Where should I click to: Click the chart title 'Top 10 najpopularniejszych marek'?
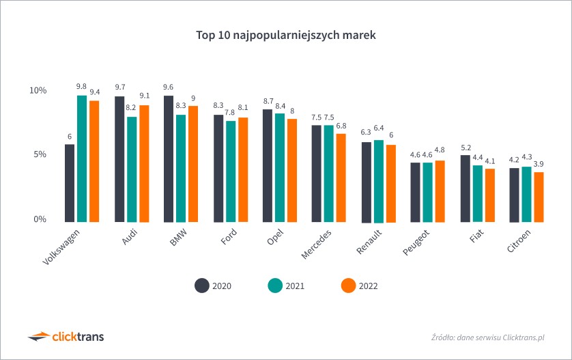click(286, 34)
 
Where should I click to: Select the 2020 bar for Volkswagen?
click(70, 183)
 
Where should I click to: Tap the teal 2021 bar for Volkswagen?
click(82, 158)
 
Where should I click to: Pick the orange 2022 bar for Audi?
click(144, 163)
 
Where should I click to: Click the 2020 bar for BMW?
click(169, 158)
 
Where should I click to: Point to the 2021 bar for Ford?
click(231, 171)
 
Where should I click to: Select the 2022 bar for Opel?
click(292, 170)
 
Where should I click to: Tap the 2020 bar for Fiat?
click(465, 189)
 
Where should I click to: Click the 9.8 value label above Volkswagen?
click(81, 86)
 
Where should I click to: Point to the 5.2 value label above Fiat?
click(465, 148)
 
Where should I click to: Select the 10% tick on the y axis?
click(38, 91)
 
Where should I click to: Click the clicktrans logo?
click(66, 336)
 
